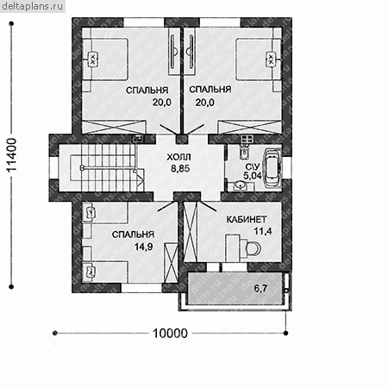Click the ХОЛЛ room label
[x=178, y=157]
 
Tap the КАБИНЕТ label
[x=247, y=220]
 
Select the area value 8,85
[x=180, y=168]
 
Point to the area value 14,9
[x=143, y=247]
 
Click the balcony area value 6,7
[x=260, y=288]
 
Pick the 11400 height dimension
[x=12, y=155]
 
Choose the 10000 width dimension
[x=170, y=334]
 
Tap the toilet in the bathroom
[x=244, y=152]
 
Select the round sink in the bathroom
[x=239, y=185]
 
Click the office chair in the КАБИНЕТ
[x=253, y=247]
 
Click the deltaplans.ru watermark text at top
[x=33, y=6]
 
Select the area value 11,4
[x=262, y=231]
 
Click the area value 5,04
[x=252, y=175]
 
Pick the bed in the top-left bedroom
[x=105, y=59]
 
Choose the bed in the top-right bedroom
[x=258, y=59]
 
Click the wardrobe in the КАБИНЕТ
[x=191, y=232]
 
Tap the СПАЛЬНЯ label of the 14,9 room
[x=133, y=235]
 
